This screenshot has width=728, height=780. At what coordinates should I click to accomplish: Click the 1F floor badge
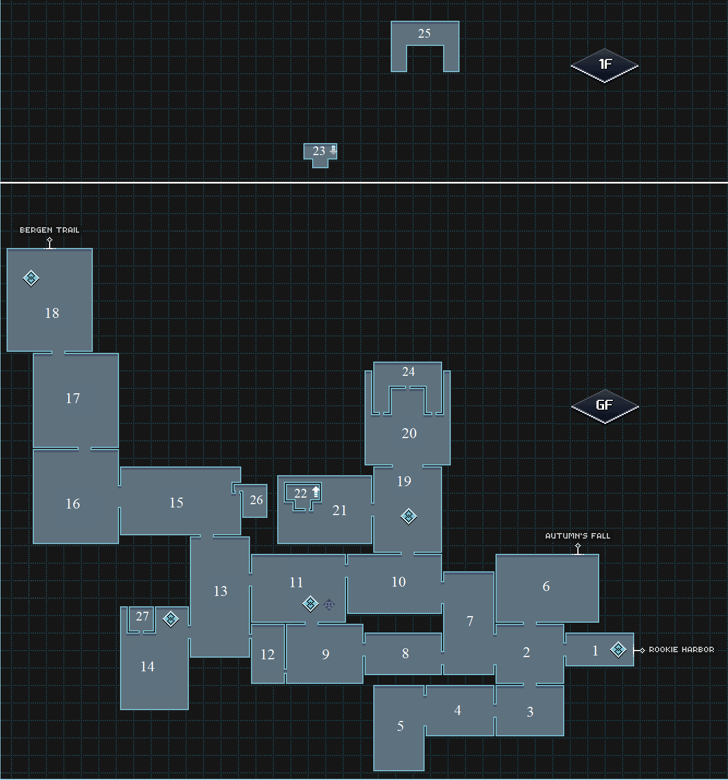coord(605,65)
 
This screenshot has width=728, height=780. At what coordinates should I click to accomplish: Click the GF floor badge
coord(605,405)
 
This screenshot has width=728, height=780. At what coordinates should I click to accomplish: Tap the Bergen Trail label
coord(50,230)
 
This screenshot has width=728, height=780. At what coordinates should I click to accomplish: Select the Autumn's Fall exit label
coord(577,536)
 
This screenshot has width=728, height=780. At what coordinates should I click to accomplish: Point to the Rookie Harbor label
coord(681,649)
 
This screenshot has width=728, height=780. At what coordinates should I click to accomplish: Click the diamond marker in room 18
coord(31,278)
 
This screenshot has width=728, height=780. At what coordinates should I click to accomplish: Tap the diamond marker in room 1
coord(618,649)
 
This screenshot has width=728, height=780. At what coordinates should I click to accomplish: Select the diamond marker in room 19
coord(409,516)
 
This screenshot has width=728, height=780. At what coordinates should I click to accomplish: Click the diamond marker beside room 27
coord(171,619)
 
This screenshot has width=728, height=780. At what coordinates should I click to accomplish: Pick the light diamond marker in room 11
coord(311,604)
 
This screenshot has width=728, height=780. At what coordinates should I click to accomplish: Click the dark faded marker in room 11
coord(329,604)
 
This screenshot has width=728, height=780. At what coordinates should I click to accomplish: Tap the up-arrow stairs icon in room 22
coord(315,492)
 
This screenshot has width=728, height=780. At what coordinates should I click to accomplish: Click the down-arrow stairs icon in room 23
coord(333,150)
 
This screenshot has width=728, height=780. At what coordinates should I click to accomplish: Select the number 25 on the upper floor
coord(424,33)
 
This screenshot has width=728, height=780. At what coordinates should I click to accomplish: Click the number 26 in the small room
coord(256,500)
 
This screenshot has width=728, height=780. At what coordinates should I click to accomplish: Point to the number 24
coord(408,371)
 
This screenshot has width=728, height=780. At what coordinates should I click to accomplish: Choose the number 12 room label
coord(267,654)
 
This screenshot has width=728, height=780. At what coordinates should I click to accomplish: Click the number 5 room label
coord(400,726)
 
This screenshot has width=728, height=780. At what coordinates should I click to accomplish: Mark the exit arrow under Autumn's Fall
coord(578,548)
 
